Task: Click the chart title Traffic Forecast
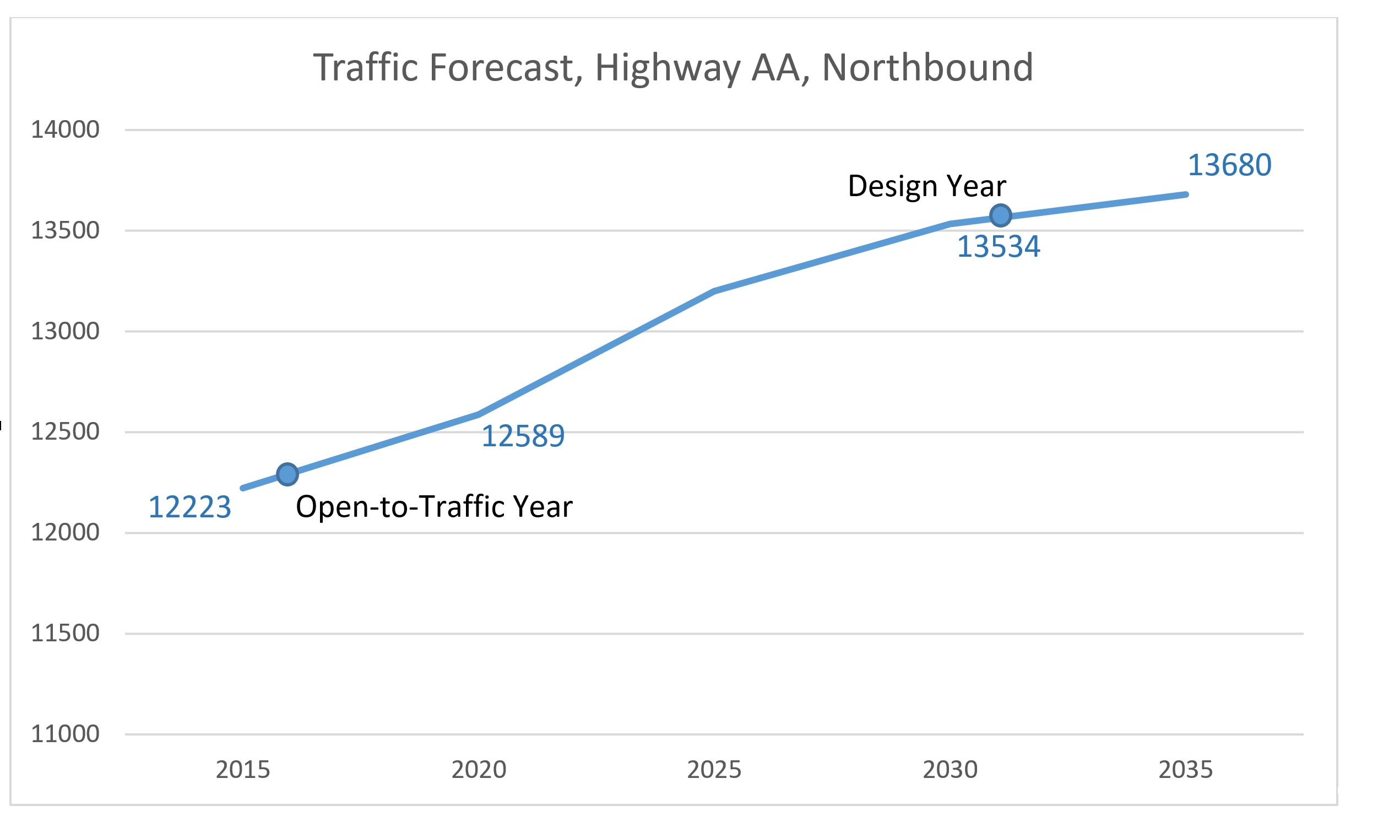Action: click(x=672, y=68)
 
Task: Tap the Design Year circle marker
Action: click(x=1000, y=215)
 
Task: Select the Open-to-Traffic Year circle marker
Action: click(x=288, y=474)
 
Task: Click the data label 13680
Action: click(x=1229, y=165)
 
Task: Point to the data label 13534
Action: click(x=999, y=247)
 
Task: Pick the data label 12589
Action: click(x=523, y=436)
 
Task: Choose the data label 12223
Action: click(x=189, y=506)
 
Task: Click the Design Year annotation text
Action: click(x=927, y=186)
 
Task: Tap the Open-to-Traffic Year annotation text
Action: click(x=434, y=506)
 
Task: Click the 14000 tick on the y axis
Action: click(x=65, y=130)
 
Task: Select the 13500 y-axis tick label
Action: click(x=65, y=230)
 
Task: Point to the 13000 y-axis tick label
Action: click(x=65, y=331)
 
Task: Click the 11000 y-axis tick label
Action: click(x=65, y=733)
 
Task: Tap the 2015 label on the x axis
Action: click(x=243, y=769)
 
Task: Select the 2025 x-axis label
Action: click(x=714, y=769)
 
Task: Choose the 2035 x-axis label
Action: click(x=1185, y=769)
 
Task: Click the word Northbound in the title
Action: click(x=927, y=68)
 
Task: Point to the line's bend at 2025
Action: click(x=714, y=291)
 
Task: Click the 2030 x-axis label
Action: click(x=950, y=769)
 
